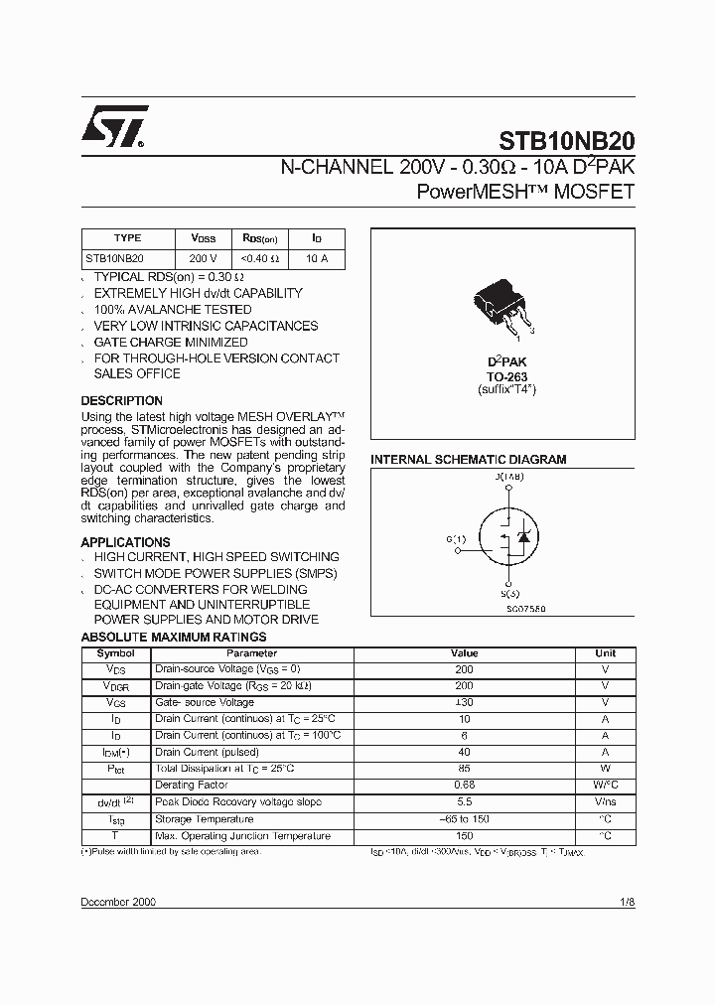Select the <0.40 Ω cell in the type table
[260, 258]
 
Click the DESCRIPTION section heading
[121, 401]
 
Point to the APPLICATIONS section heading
[125, 542]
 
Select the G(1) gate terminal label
[456, 539]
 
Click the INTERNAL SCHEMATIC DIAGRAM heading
[468, 460]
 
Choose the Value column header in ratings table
[464, 653]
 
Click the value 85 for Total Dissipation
[464, 769]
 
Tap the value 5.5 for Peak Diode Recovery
[464, 801]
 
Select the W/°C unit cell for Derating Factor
[605, 785]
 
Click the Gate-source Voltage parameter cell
[205, 702]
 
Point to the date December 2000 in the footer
[118, 902]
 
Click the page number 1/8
[626, 902]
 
